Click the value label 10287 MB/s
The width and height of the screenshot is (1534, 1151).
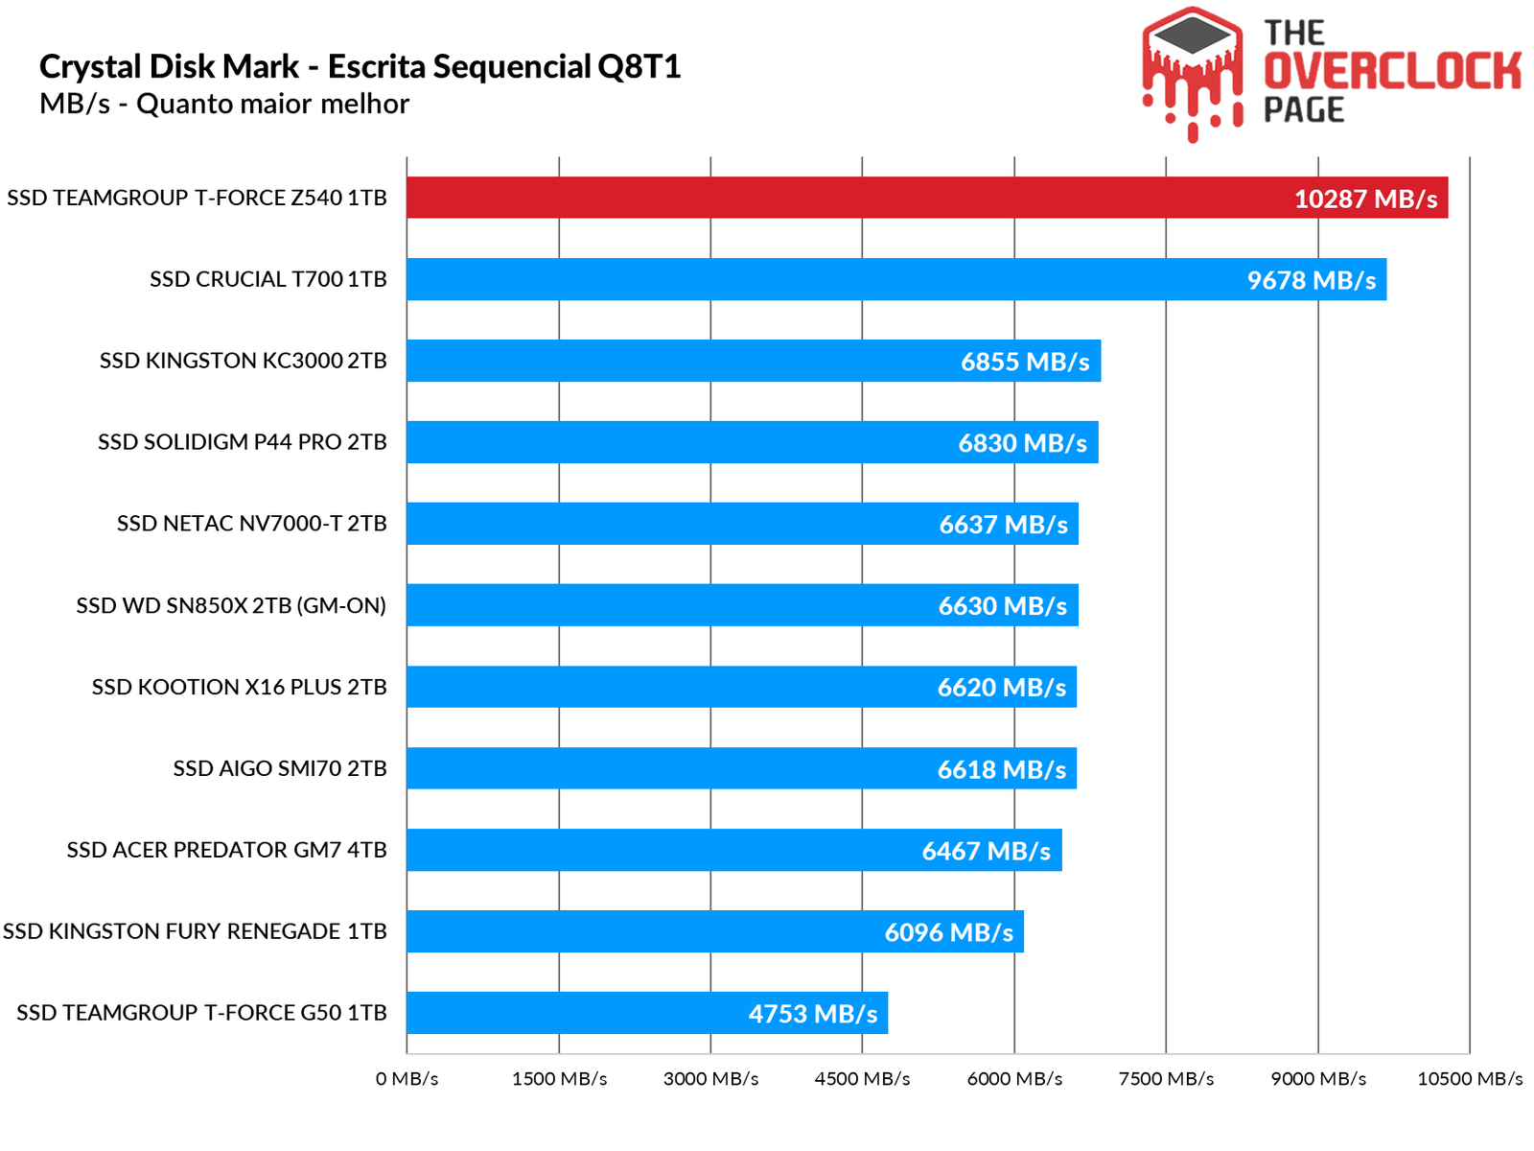click(x=1365, y=199)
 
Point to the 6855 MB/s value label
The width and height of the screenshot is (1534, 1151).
click(x=1025, y=362)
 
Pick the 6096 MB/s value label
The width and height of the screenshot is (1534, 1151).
click(x=948, y=932)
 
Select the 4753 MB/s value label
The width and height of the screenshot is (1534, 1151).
click(x=812, y=1014)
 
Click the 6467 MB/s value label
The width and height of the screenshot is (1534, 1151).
click(x=986, y=851)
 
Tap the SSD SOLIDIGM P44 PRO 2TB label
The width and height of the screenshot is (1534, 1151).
click(x=242, y=442)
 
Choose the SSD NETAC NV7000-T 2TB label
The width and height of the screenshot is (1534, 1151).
click(x=251, y=524)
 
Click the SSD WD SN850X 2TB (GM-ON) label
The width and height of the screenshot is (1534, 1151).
click(x=231, y=605)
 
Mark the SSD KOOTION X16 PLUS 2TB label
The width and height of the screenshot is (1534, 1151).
click(x=239, y=687)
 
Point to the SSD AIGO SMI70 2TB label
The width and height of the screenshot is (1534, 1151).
click(x=279, y=768)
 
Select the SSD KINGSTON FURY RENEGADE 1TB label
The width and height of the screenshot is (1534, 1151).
click(x=195, y=931)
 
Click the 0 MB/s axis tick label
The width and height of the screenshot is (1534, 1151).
click(x=407, y=1079)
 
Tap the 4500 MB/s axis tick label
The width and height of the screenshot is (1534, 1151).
click(x=862, y=1079)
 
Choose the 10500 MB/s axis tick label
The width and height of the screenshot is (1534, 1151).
click(x=1469, y=1079)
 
